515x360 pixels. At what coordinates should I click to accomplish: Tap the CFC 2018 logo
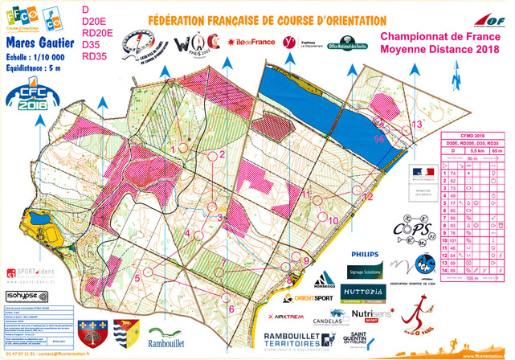[27, 97]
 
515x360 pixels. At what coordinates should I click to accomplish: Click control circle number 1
[184, 147]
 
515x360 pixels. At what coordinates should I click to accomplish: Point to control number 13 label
[416, 124]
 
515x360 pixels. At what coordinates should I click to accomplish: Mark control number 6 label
[231, 308]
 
